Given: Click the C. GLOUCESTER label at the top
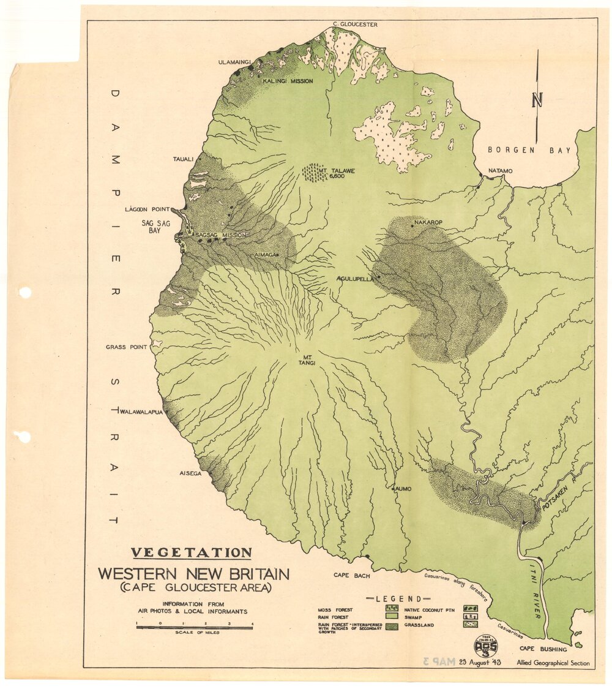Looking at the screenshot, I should (355, 24).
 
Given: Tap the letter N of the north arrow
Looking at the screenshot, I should (537, 99).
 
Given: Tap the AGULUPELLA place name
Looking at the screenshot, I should (356, 279).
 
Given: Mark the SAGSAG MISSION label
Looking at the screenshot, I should (220, 235).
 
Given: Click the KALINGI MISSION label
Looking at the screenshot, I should (288, 81).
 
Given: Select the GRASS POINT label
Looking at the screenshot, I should (126, 347).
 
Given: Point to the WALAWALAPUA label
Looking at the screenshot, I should (142, 412).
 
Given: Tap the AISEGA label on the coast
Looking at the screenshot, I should (190, 473).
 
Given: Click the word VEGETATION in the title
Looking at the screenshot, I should (192, 552).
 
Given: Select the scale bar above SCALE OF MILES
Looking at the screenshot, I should (194, 627).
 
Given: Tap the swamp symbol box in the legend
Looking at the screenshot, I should (471, 617).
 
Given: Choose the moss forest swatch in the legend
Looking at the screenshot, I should (392, 609).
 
